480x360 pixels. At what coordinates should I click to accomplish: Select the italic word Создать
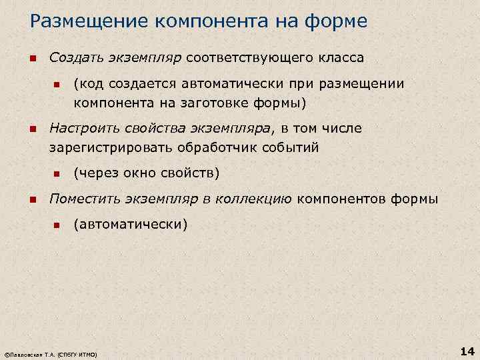[75, 58]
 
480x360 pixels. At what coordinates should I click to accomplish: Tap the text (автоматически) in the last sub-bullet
[131, 224]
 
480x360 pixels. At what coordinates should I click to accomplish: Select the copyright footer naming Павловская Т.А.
[51, 354]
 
